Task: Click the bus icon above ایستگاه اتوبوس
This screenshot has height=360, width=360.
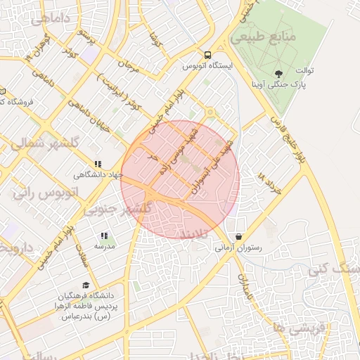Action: (x=207, y=55)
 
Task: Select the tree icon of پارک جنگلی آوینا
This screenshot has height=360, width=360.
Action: (x=279, y=72)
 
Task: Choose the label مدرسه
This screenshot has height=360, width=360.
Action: (x=104, y=247)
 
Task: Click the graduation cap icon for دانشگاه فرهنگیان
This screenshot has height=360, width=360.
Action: (x=85, y=285)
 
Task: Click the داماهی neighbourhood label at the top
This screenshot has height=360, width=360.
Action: (x=46, y=20)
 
